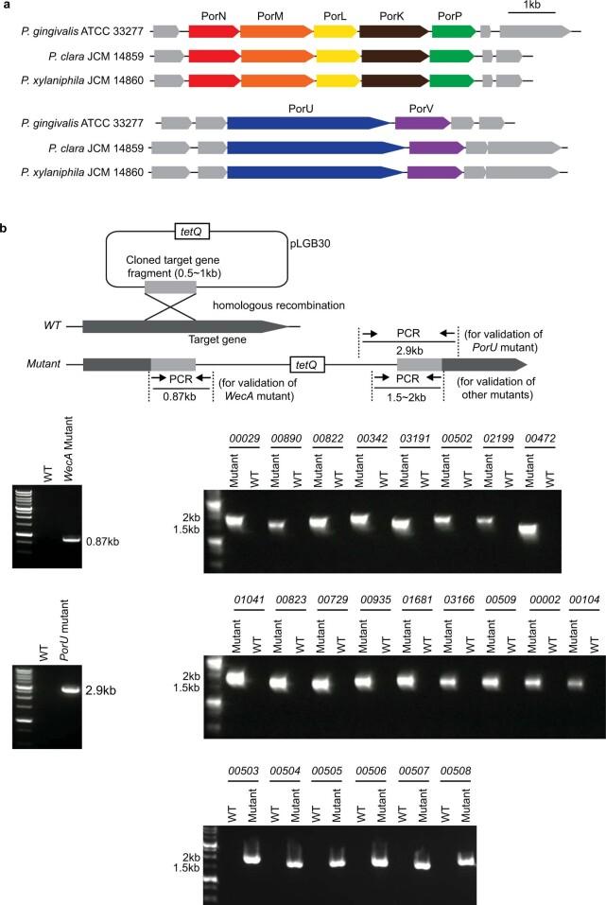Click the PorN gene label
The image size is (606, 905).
pos(214,16)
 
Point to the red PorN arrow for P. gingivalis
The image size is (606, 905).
pos(213,32)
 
